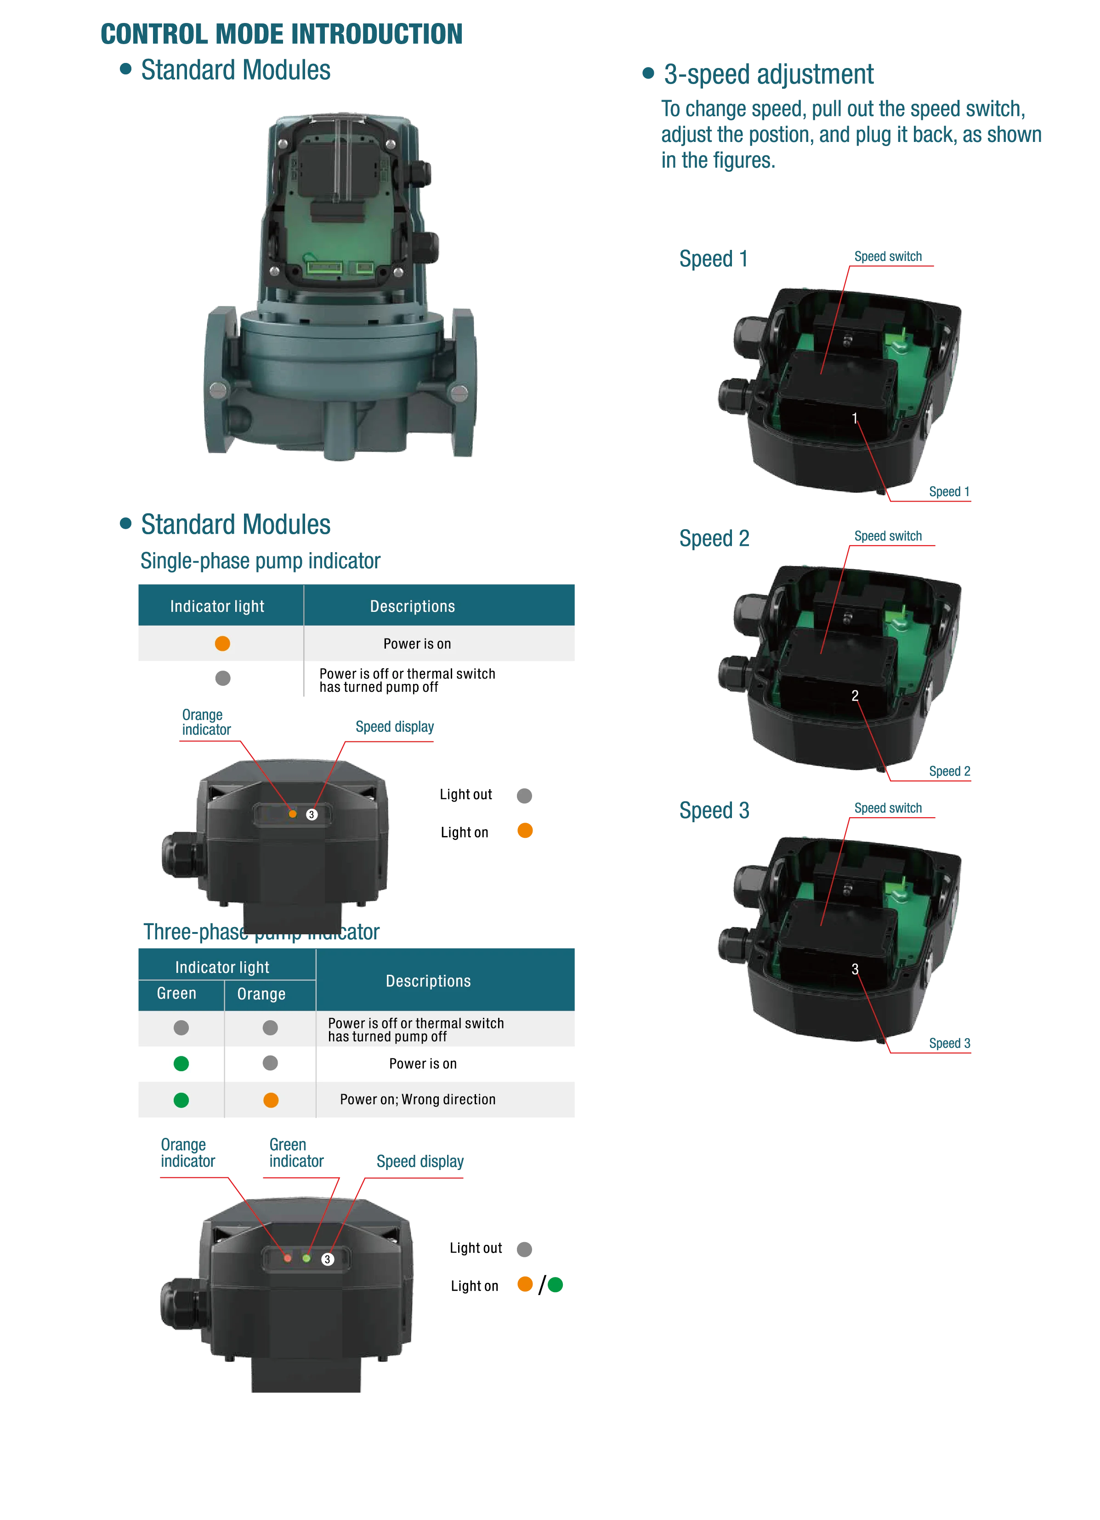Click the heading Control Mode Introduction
pyautogui.click(x=282, y=34)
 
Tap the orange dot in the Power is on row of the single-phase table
pyautogui.click(x=222, y=644)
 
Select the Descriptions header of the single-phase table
pyautogui.click(x=412, y=606)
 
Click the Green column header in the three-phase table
pyautogui.click(x=176, y=993)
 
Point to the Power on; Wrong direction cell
pyautogui.click(x=418, y=1099)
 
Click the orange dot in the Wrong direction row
pyautogui.click(x=271, y=1100)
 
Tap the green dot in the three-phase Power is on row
pyautogui.click(x=181, y=1063)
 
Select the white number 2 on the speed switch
pyautogui.click(x=855, y=695)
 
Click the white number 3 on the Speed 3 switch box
pyautogui.click(x=855, y=969)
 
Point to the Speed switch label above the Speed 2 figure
pyautogui.click(x=888, y=536)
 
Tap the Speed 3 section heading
pyautogui.click(x=714, y=810)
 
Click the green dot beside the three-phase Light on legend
pyautogui.click(x=555, y=1285)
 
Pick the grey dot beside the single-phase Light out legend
pyautogui.click(x=524, y=796)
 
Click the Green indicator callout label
pyautogui.click(x=296, y=1153)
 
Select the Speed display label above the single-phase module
pyautogui.click(x=394, y=727)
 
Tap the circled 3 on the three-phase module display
pyautogui.click(x=327, y=1259)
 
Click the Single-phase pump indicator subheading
pyautogui.click(x=260, y=561)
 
